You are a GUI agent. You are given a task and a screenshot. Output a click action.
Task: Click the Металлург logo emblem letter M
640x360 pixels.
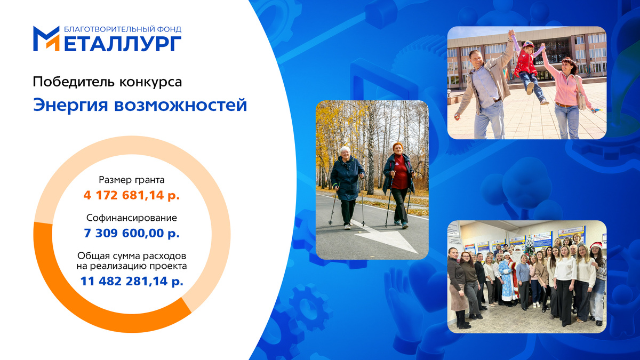click(46, 38)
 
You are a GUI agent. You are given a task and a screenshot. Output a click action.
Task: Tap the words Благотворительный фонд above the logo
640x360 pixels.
click(122, 29)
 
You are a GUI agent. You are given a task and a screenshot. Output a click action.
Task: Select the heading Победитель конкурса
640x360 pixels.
click(107, 82)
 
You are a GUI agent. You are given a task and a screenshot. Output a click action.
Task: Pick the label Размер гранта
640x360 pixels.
click(131, 180)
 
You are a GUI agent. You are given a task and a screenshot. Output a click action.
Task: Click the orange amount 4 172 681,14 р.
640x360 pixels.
click(131, 195)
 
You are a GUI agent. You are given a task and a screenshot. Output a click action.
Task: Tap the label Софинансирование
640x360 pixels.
click(131, 218)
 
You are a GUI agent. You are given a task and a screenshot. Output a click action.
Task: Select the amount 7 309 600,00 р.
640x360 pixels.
click(131, 233)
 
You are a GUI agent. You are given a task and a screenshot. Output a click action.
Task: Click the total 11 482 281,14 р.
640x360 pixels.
click(131, 281)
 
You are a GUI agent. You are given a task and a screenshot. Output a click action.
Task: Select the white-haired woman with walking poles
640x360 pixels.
click(347, 184)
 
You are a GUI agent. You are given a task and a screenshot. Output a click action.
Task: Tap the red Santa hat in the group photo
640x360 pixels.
click(596, 245)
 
